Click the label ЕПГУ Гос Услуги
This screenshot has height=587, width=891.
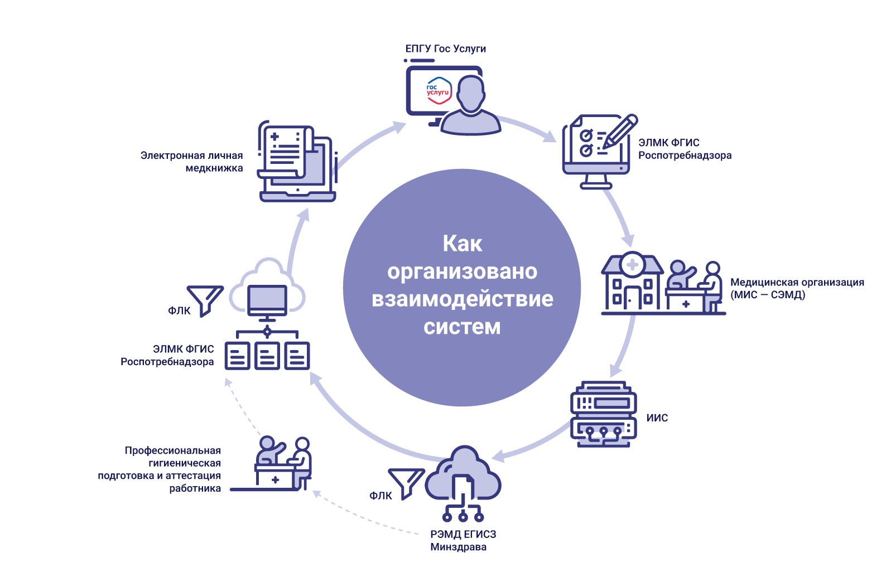(x=445, y=49)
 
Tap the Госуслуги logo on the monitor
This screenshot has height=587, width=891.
(x=439, y=91)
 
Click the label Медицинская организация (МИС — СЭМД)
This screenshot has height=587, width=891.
(x=797, y=288)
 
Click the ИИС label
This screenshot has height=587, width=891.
(x=657, y=418)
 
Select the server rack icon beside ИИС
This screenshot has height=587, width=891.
(x=603, y=414)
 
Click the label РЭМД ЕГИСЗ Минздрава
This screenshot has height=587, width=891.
(x=463, y=540)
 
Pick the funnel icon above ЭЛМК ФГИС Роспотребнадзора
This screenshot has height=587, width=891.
(x=205, y=299)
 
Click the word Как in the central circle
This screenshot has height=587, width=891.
(x=462, y=244)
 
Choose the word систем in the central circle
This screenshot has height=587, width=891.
(x=462, y=327)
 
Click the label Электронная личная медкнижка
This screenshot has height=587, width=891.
(x=191, y=162)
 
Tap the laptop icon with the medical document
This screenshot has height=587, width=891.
(x=297, y=162)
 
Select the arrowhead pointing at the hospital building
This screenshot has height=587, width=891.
(x=628, y=241)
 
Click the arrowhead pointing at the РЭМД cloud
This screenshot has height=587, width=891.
(x=498, y=457)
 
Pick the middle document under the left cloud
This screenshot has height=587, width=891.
(x=267, y=356)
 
